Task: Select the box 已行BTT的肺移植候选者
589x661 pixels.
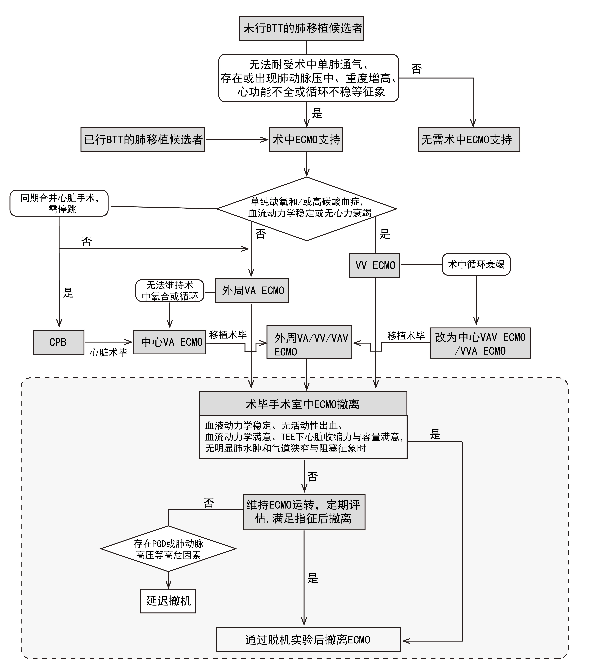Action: point(143,140)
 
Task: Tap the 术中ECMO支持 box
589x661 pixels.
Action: point(306,140)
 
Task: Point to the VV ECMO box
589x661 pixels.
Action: point(374,265)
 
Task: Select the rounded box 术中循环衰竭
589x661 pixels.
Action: point(476,265)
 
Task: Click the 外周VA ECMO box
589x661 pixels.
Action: point(252,290)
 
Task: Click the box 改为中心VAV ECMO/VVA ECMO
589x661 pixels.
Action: point(480,343)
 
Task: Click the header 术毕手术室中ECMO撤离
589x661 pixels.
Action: point(303,404)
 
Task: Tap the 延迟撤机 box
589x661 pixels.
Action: point(168,601)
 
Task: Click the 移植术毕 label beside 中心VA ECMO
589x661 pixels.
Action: point(228,335)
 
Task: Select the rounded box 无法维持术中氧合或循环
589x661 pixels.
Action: point(170,290)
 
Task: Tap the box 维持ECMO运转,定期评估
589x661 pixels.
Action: point(304,512)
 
